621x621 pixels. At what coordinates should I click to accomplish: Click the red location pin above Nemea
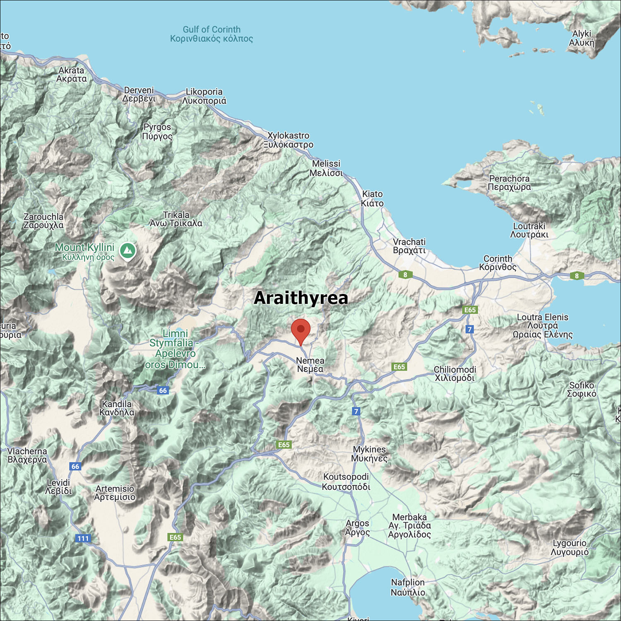301,330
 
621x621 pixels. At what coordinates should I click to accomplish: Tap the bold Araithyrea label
301,298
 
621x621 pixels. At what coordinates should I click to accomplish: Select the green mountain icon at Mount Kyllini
128,250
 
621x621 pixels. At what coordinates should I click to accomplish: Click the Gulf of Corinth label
212,34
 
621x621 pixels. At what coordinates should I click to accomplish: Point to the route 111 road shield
83,538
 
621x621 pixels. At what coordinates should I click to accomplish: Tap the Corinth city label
498,262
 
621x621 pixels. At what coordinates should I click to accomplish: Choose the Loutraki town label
529,230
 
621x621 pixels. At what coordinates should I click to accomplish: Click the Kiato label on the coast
372,198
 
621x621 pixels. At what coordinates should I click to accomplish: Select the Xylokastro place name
289,140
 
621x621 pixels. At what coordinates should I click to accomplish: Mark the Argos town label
357,527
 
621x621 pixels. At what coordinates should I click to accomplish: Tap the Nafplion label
408,587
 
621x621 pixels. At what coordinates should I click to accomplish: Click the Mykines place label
369,454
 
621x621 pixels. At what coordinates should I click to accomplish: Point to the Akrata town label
72,75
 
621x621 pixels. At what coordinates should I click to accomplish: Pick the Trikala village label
176,219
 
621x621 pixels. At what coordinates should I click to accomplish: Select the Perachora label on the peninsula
509,183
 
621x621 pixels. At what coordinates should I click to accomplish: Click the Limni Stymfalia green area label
175,349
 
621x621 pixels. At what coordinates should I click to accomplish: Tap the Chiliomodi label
455,373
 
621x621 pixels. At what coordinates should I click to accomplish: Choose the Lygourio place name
569,547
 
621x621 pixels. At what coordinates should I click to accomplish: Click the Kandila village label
117,408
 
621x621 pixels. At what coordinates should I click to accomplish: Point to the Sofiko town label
582,389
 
